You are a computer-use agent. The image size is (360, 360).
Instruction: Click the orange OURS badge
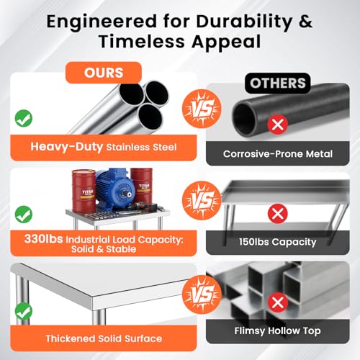point(104,73)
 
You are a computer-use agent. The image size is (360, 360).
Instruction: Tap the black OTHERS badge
point(278,83)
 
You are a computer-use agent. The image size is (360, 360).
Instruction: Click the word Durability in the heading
point(244,22)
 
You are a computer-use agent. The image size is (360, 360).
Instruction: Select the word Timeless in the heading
point(142,41)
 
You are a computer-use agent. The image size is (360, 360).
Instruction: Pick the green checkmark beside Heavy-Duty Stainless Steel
point(24,118)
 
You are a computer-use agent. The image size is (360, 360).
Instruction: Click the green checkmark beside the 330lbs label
point(24,215)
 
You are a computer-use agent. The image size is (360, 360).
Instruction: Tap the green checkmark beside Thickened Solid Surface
point(24,311)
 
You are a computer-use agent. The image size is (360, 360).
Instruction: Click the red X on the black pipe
point(278,125)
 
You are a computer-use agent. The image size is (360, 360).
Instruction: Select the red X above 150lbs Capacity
point(278,213)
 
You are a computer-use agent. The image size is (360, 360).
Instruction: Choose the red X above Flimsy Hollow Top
point(278,302)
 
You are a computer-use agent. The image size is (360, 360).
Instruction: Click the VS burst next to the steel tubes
point(202,109)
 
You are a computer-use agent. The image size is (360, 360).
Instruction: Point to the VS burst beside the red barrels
point(202,201)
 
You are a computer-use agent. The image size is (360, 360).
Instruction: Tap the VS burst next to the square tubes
point(202,294)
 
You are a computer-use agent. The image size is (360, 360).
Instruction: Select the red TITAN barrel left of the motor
point(84,191)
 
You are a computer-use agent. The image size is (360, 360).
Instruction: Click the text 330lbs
point(43,239)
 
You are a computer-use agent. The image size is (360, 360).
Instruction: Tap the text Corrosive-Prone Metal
point(278,154)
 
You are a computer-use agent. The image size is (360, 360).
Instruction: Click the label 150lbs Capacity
point(278,242)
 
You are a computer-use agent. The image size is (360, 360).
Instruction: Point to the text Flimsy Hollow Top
point(277,330)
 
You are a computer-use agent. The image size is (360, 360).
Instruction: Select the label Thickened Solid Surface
point(104,338)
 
